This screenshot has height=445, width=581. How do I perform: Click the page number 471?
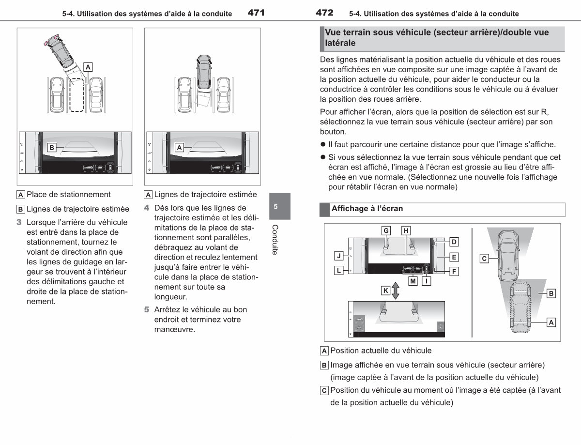click(256, 13)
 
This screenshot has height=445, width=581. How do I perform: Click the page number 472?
click(324, 13)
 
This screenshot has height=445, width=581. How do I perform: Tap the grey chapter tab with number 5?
click(280, 206)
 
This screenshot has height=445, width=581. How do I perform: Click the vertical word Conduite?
click(275, 240)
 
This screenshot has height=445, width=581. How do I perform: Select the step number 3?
click(19, 222)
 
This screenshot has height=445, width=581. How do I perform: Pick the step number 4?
click(147, 208)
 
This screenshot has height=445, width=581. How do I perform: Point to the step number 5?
click(147, 309)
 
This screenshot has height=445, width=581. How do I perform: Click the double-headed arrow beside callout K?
click(396, 291)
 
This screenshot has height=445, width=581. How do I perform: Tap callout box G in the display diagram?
click(386, 230)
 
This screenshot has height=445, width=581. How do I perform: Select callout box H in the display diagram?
click(406, 230)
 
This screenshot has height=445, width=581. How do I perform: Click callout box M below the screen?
click(413, 281)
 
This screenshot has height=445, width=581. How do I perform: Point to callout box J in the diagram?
click(339, 256)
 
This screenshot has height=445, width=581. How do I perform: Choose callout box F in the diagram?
click(454, 272)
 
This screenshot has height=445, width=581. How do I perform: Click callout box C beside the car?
click(484, 259)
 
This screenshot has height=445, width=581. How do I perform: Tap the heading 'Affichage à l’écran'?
click(367, 209)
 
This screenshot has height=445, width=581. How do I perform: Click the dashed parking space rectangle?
click(76, 95)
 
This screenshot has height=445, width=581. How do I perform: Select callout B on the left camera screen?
click(52, 147)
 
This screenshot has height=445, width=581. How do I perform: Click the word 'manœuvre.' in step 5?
click(175, 329)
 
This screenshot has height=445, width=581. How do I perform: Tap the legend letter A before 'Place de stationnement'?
click(21, 195)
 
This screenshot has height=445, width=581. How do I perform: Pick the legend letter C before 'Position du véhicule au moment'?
click(324, 390)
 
